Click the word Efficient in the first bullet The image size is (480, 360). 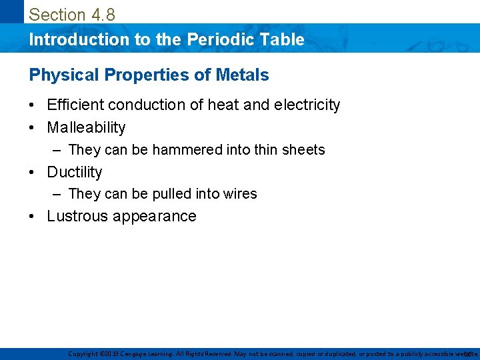pos(75,105)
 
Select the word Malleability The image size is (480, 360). pos(86,127)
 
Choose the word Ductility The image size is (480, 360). pos(75,172)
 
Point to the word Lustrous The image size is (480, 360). pos(77,216)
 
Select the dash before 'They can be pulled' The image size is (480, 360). pos(58,194)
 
